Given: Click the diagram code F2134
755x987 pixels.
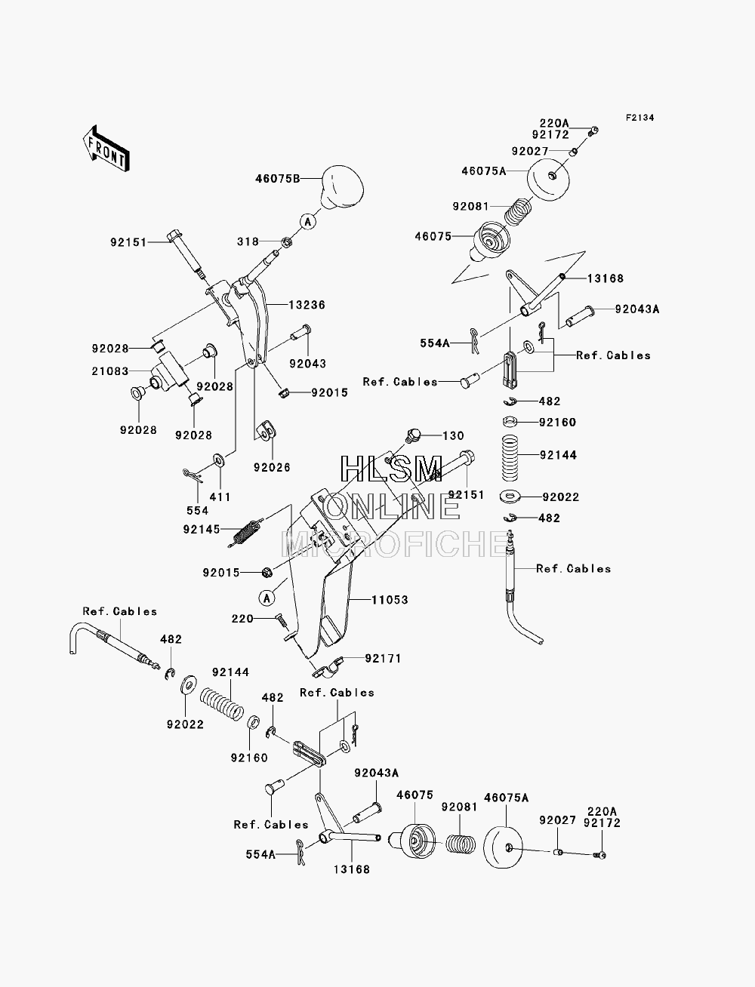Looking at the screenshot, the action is (x=639, y=118).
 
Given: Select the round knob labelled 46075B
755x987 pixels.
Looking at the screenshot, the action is (x=341, y=188).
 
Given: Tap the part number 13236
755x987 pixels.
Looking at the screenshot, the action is (x=307, y=305).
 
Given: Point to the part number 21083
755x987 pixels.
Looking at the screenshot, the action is (x=110, y=371).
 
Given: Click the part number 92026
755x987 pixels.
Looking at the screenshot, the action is (x=272, y=467).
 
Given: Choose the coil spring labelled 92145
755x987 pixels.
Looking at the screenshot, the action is (x=245, y=533).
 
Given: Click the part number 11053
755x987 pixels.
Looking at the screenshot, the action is (x=390, y=599).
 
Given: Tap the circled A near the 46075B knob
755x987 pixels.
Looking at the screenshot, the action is (x=308, y=222).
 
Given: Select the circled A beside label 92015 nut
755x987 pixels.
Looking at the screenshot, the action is (x=267, y=598).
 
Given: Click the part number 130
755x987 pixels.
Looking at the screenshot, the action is (x=453, y=435).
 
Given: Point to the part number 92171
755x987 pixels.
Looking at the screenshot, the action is (x=383, y=658).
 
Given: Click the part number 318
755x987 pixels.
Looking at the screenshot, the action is (x=248, y=242).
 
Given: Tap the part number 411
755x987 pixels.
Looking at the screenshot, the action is (x=220, y=497).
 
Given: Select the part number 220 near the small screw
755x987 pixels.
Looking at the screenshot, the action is (x=242, y=619).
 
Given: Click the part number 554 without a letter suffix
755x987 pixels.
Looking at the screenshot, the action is (x=198, y=510).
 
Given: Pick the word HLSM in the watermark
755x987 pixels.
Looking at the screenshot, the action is (x=391, y=469).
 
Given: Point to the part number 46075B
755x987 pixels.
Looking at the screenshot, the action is (x=278, y=179).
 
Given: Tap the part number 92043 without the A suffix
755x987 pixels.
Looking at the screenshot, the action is (x=308, y=363).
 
